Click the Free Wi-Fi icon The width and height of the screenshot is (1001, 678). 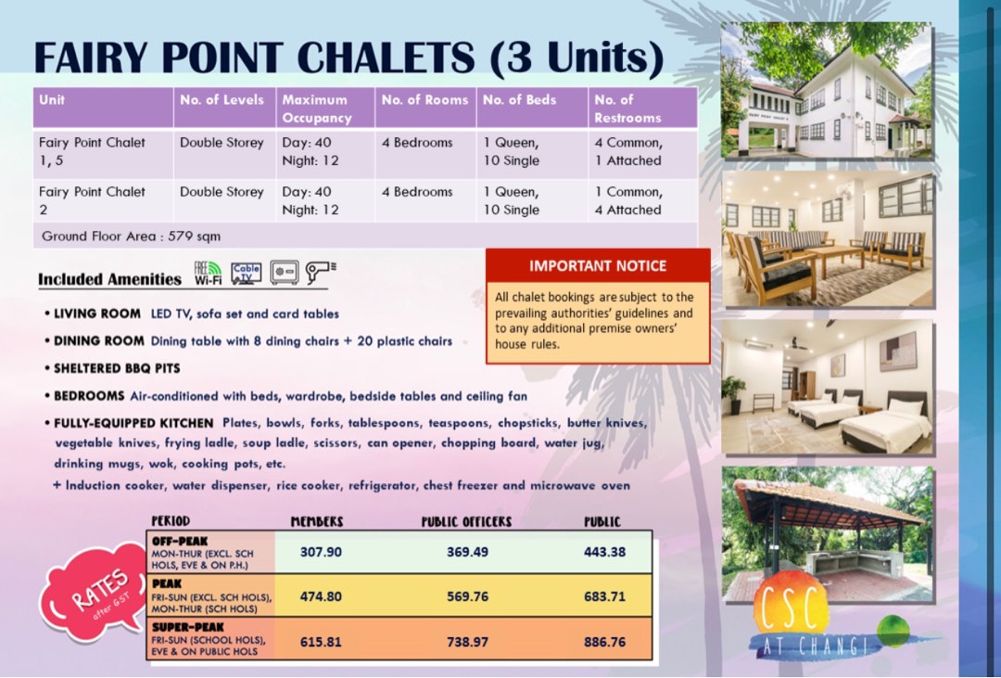(208, 273)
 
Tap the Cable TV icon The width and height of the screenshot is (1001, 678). (247, 273)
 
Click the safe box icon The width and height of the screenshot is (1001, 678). (284, 273)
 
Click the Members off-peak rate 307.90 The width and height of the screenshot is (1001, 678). (321, 552)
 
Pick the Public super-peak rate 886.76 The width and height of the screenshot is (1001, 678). (604, 642)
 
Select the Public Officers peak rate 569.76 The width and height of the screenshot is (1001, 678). (467, 596)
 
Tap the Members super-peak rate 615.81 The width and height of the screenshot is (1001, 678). (321, 642)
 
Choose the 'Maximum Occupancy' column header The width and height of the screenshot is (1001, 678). (316, 109)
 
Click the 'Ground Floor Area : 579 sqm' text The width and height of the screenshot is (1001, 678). (131, 237)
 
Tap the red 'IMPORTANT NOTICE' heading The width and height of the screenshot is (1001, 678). (598, 266)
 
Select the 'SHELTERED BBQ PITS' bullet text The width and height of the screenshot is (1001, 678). (117, 368)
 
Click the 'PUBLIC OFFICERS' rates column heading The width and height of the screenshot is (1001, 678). (466, 522)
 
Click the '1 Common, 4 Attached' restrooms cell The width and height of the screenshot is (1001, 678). (628, 201)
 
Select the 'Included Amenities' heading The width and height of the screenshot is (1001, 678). (109, 279)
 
